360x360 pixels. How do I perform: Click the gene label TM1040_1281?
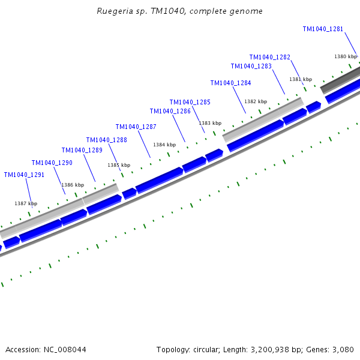tap(323, 29)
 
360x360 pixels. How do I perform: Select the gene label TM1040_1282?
tap(270, 58)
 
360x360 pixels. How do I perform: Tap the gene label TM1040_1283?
tap(251, 67)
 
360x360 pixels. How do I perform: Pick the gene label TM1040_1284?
tap(230, 83)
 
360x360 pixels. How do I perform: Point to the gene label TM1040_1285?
tap(190, 103)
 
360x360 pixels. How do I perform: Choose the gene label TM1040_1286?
tap(170, 112)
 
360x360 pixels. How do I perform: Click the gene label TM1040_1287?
tap(136, 127)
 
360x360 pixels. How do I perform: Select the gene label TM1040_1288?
tap(106, 140)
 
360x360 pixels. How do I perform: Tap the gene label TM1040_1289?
tap(82, 151)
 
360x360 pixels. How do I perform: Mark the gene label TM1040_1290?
tap(52, 163)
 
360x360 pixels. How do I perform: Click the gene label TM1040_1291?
tap(24, 175)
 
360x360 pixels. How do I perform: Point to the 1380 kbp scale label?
tap(346, 56)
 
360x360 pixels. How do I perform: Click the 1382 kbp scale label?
tap(255, 101)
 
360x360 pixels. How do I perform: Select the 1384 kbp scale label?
tap(164, 145)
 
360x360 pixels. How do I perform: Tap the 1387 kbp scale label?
tap(26, 204)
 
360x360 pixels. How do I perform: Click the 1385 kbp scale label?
tap(119, 165)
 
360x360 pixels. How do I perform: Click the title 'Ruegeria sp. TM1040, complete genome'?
tap(179, 11)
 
